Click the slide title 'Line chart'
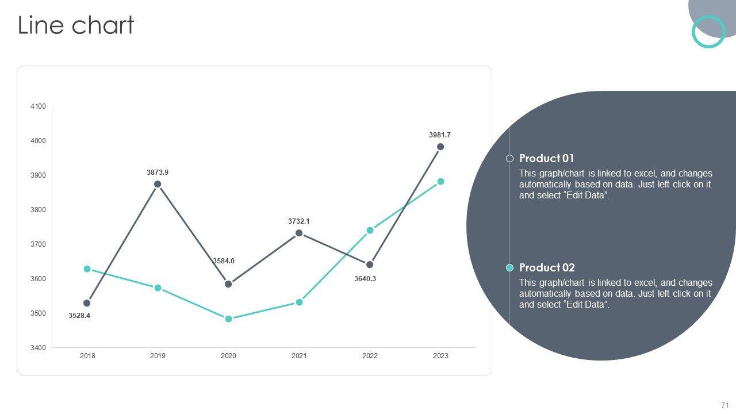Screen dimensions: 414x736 [x=76, y=26]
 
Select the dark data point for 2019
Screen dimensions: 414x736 [x=158, y=184]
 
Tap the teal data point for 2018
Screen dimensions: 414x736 [x=87, y=269]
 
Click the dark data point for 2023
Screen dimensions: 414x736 [x=440, y=147]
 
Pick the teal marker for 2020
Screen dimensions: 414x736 [x=228, y=319]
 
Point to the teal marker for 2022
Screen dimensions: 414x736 [x=370, y=231]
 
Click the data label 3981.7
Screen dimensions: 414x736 [x=440, y=135]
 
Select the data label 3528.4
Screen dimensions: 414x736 [x=79, y=316]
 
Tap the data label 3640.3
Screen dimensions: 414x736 [x=365, y=279]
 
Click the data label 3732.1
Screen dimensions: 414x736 [x=299, y=221]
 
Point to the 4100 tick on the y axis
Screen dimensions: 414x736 [x=38, y=106]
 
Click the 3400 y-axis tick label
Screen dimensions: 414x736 [x=38, y=348]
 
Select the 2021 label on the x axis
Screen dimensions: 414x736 [x=299, y=356]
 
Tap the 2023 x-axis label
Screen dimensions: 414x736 [x=440, y=356]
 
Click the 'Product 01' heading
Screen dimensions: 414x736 [x=546, y=159]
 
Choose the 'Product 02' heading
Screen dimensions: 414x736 [x=547, y=268]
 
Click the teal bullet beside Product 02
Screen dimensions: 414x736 [x=509, y=268]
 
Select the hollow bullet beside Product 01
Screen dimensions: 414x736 [x=509, y=159]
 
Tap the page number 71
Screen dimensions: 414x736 [x=724, y=405]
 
